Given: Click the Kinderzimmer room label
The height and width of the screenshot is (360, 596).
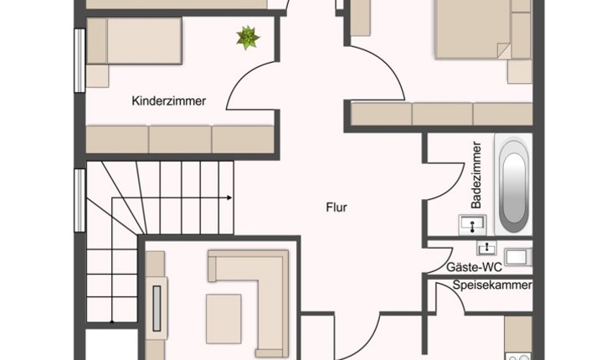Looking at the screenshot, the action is pos(169,101).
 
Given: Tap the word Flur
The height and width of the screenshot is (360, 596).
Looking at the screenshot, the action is pos(337,207).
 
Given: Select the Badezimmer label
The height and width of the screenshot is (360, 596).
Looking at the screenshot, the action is pos(476,175).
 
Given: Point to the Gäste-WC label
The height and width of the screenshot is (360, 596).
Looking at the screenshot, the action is pos(474,267).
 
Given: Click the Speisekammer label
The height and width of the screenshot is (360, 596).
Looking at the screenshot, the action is pos(492,285).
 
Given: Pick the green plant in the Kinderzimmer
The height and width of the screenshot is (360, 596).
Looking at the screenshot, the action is pos(248,38).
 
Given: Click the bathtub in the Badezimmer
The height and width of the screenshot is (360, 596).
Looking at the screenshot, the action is pos(513,185).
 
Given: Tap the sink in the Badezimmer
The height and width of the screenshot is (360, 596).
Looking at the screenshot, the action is pos(472,224).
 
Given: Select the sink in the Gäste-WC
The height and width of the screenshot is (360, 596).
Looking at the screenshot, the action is pos(487,248).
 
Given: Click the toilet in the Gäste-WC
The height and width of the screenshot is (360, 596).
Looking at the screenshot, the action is pos(517,257).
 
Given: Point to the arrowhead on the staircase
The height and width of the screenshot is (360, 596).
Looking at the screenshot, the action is pos(229,198).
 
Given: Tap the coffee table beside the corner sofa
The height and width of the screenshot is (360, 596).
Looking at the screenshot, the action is pos(223,319).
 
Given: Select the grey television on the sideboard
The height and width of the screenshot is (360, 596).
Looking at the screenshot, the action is pos(157,308).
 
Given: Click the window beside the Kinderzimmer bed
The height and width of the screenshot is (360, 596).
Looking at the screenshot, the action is pos(80,60).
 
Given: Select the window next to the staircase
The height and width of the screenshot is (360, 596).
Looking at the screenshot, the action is pos(80,200).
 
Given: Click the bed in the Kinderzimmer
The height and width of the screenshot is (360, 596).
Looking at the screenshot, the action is pos(134,41).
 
